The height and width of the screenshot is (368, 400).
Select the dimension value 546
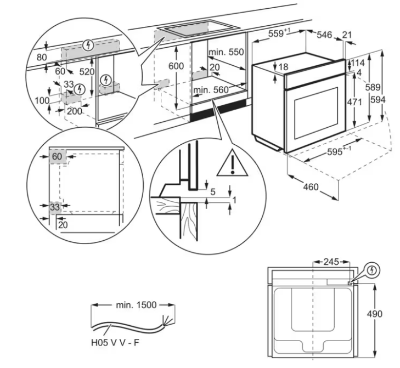click(x=325, y=35)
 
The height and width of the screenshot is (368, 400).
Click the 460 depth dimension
click(x=310, y=187)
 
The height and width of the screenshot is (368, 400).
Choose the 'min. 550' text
click(x=226, y=52)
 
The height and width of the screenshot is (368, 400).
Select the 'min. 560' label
click(x=210, y=89)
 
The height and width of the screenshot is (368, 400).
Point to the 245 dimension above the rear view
click(x=331, y=262)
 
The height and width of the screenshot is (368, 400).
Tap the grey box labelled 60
click(x=57, y=156)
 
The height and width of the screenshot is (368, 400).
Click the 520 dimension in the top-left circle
click(x=87, y=72)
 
